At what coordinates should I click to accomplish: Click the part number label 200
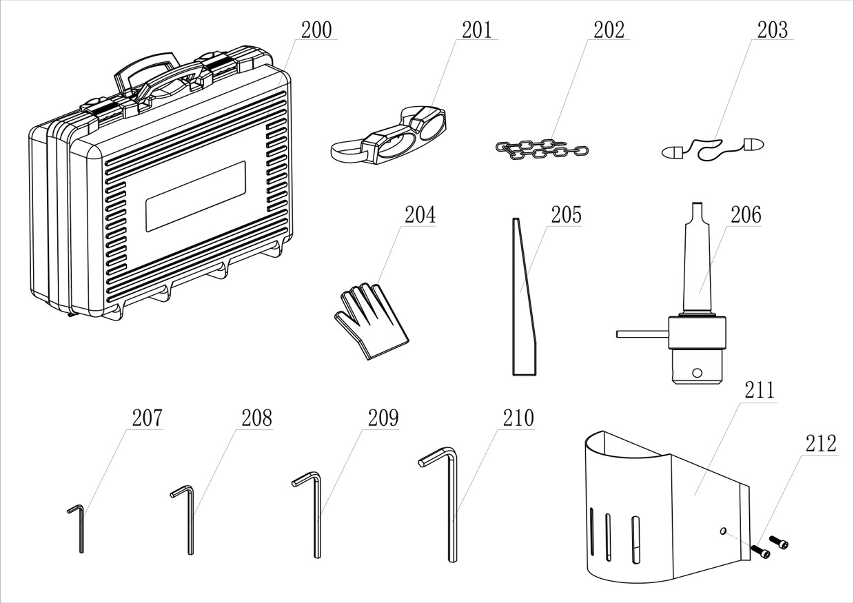click(316, 30)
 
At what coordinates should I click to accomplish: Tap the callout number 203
click(772, 30)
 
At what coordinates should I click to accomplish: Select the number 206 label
click(746, 215)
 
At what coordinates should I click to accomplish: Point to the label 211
click(759, 390)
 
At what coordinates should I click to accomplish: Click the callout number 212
click(821, 443)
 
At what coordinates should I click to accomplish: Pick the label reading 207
click(147, 418)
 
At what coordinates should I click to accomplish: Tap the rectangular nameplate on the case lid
click(195, 196)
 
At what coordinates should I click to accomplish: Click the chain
click(541, 149)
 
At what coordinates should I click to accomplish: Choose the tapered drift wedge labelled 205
click(523, 303)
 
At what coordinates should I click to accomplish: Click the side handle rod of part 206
click(641, 334)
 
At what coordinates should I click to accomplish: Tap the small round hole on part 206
click(698, 374)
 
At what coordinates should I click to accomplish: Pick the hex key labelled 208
click(190, 520)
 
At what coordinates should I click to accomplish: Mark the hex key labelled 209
click(316, 513)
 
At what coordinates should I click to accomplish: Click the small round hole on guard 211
click(722, 531)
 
